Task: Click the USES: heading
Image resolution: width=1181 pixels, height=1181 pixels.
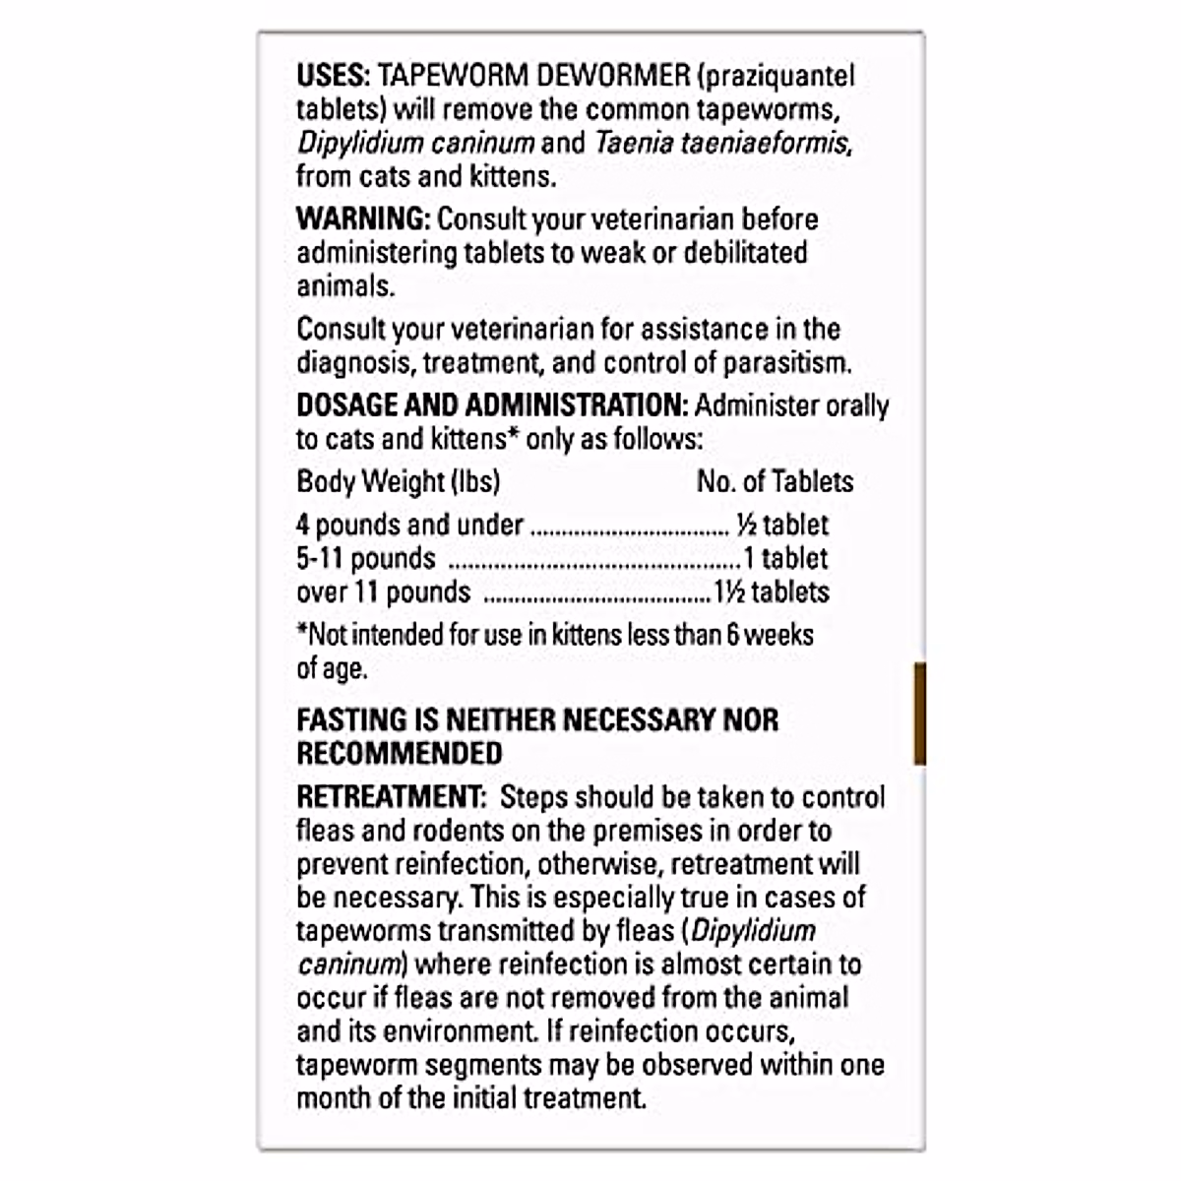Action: (331, 76)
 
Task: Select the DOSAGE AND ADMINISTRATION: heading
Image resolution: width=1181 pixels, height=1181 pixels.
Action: (491, 405)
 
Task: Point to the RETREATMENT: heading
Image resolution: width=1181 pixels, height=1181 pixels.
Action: (386, 797)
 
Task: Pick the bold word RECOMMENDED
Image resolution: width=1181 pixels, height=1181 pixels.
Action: (399, 753)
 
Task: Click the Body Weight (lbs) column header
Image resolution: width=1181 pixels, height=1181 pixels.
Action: (398, 481)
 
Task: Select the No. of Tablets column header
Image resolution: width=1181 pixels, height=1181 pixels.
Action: (775, 481)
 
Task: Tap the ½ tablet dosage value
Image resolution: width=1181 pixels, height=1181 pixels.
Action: (782, 525)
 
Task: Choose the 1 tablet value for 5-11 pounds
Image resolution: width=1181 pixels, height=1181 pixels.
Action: (785, 558)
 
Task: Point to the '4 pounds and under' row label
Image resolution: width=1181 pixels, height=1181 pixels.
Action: (409, 525)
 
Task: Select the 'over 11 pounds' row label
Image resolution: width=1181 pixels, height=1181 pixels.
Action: (383, 591)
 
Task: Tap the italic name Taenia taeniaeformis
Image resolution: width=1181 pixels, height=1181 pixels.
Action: (721, 143)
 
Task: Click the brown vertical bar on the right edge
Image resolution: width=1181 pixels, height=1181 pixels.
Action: (919, 714)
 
